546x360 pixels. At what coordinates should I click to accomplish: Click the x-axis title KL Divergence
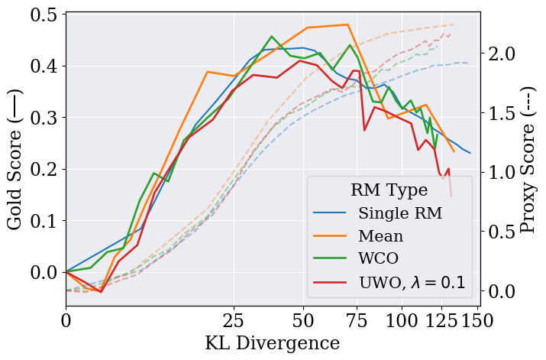click(273, 342)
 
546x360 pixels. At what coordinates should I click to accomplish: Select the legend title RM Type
click(389, 189)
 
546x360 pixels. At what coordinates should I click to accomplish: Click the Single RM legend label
click(401, 213)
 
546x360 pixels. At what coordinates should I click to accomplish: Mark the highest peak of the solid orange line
click(347, 24)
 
